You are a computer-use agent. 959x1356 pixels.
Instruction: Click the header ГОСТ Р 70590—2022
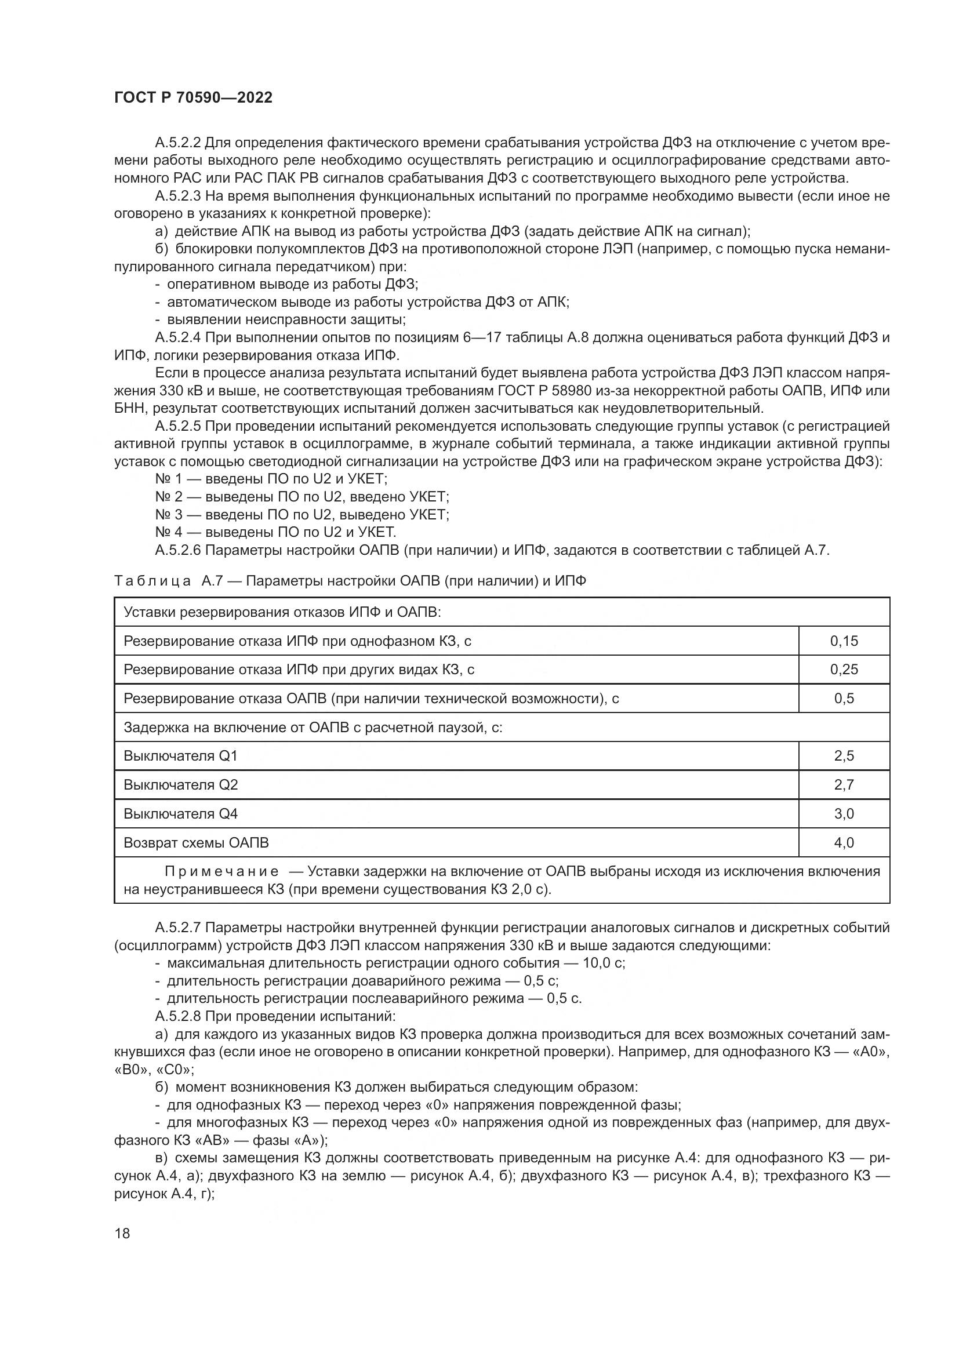coord(193,98)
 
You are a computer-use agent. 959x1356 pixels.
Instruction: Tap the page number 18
coord(122,1233)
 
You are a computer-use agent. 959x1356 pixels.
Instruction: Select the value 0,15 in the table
coord(843,641)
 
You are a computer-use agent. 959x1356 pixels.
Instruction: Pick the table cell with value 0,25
coord(843,669)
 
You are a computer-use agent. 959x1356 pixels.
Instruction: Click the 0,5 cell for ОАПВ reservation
coord(843,698)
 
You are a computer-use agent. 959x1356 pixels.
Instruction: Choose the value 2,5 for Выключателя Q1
coord(843,756)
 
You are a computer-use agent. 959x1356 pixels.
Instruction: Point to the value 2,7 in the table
coord(843,785)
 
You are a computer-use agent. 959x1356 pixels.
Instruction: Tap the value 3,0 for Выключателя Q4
coord(843,814)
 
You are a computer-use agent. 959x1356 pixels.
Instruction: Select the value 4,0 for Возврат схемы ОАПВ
coord(843,843)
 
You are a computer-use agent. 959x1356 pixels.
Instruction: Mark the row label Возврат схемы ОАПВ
coord(195,843)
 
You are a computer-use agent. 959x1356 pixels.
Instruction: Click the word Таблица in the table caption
coord(152,581)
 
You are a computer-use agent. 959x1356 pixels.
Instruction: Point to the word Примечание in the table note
coord(221,872)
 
